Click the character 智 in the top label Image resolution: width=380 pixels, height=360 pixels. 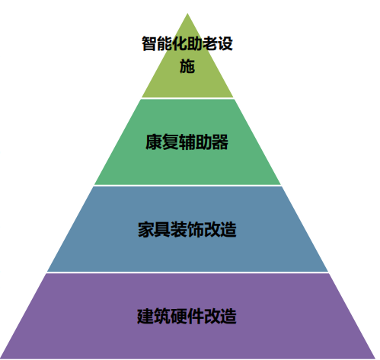[149, 43]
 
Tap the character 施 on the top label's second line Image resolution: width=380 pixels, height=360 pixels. [187, 66]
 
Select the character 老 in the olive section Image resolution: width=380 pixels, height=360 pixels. [210, 43]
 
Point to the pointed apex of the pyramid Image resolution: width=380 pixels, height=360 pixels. [187, 14]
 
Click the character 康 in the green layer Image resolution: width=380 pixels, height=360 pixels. [154, 142]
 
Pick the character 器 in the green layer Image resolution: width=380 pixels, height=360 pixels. [220, 142]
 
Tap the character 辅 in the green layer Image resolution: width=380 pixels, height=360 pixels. [187, 142]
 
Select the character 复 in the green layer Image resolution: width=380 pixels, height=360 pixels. [170, 142]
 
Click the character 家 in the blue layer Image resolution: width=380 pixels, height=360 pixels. [146, 229]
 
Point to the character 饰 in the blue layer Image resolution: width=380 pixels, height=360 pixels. [196, 229]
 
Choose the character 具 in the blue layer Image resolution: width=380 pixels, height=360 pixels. [162, 229]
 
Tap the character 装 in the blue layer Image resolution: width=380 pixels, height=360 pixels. [179, 229]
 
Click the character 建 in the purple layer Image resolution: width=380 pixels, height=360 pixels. [145, 316]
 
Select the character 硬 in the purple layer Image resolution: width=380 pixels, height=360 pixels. [179, 316]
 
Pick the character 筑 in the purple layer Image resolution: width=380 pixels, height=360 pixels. [162, 316]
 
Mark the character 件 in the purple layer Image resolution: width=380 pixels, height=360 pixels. [195, 316]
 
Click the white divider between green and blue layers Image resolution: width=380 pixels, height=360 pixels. [187, 186]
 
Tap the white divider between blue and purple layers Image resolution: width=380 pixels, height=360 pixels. [187, 272]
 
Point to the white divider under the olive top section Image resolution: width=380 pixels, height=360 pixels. [187, 98]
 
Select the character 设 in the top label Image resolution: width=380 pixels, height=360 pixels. [225, 43]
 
